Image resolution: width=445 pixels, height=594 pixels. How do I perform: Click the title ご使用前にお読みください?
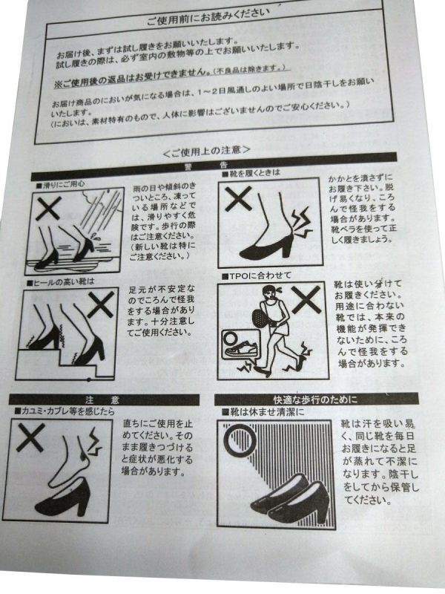(x=208, y=16)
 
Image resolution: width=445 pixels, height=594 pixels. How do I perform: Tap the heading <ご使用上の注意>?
(x=207, y=151)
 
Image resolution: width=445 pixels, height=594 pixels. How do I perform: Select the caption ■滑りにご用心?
(x=60, y=185)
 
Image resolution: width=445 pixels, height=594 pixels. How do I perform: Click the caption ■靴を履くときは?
(x=251, y=173)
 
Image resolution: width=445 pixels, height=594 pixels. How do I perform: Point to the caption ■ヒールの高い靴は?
(x=60, y=282)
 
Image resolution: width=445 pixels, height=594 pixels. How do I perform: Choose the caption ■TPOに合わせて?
(x=256, y=275)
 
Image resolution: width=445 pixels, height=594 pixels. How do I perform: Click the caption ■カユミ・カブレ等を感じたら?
(x=64, y=411)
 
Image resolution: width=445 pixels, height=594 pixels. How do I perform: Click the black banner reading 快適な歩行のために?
(x=317, y=399)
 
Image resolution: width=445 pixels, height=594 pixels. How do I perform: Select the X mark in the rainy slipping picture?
(x=47, y=210)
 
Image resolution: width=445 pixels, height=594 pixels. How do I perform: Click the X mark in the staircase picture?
(x=101, y=304)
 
